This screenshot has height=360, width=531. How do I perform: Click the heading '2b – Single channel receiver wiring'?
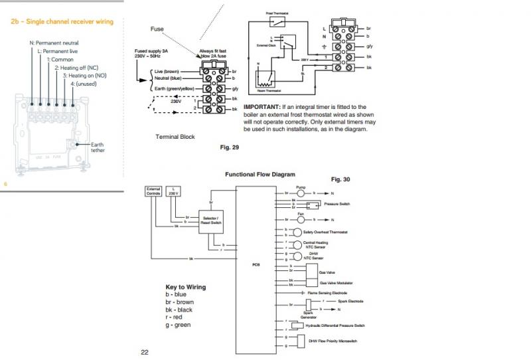coord(62,22)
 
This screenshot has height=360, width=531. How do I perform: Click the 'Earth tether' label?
coord(97,147)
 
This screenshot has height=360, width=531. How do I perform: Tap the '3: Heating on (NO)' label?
coord(84,76)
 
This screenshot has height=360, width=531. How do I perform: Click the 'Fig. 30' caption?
coord(340,179)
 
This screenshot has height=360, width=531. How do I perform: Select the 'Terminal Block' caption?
coord(175,136)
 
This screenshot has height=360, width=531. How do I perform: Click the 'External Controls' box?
coord(153,191)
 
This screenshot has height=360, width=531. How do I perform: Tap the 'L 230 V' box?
coord(173,191)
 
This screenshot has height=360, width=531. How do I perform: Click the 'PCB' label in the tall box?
coord(256,264)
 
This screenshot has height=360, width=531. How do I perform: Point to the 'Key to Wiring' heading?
coord(185,287)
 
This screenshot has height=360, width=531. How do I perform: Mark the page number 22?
coord(145,351)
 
